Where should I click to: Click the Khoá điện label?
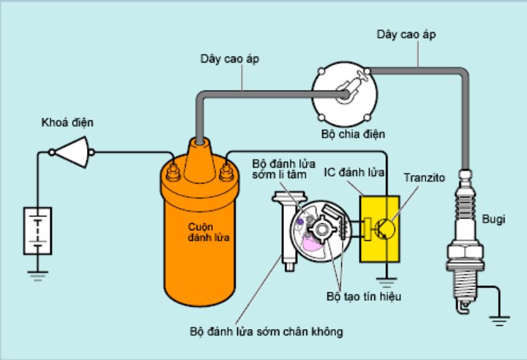pyautogui.click(x=67, y=122)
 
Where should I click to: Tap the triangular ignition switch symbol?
pyautogui.click(x=70, y=153)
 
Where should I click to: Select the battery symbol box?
pyautogui.click(x=38, y=230)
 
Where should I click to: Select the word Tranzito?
pyautogui.click(x=424, y=178)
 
